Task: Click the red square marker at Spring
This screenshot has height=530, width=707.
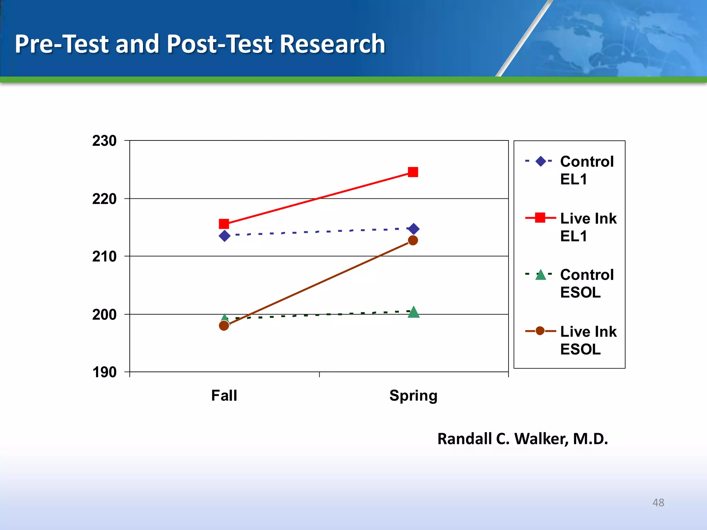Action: pyautogui.click(x=413, y=172)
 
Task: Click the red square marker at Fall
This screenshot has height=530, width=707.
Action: pyautogui.click(x=224, y=224)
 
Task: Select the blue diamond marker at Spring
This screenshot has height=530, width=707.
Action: pyautogui.click(x=414, y=229)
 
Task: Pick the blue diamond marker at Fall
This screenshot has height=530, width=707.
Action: pyautogui.click(x=224, y=236)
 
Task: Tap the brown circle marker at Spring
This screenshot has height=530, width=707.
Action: pyautogui.click(x=413, y=240)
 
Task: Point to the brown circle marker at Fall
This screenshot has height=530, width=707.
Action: pyautogui.click(x=224, y=325)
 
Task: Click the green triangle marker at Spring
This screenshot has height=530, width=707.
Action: pyautogui.click(x=414, y=312)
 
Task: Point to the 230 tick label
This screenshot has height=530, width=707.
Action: pyautogui.click(x=104, y=141)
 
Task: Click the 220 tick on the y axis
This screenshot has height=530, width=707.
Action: pyautogui.click(x=104, y=199)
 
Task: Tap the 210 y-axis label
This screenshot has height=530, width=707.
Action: pyautogui.click(x=104, y=256)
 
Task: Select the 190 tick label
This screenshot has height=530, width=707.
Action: pyautogui.click(x=104, y=372)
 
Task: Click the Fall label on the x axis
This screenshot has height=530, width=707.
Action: pyautogui.click(x=224, y=395)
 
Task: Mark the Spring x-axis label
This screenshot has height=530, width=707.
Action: pyautogui.click(x=413, y=395)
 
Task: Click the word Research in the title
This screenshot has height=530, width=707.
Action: pyautogui.click(x=332, y=44)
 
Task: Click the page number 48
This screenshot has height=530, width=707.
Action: pyautogui.click(x=658, y=502)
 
